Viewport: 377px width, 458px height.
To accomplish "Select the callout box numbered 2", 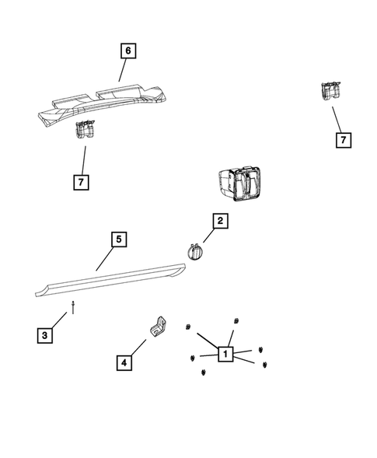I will (x=220, y=222).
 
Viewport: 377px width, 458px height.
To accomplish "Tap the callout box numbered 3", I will (x=46, y=335).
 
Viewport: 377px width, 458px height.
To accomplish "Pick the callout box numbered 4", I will (x=123, y=362).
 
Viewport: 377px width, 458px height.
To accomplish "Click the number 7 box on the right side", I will (x=342, y=140).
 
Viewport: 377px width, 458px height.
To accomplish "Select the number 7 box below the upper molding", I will (x=82, y=182).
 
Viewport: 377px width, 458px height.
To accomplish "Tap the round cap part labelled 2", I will (x=194, y=253).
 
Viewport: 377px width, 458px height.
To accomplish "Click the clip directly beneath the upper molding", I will (x=85, y=131).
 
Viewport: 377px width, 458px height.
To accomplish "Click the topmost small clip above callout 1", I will (x=236, y=321).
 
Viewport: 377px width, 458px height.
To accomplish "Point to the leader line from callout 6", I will (x=122, y=71).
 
